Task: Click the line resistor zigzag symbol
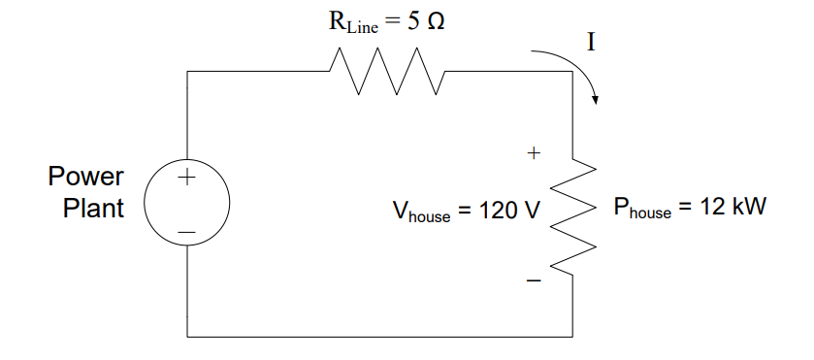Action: [x=386, y=72]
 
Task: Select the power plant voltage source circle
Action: [x=187, y=205]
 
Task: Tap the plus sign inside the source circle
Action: [x=186, y=179]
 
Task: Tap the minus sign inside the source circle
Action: [x=186, y=233]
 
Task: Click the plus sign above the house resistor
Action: [x=533, y=153]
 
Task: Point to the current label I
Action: [x=591, y=42]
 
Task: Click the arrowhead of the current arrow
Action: [x=597, y=98]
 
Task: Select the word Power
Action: [x=86, y=178]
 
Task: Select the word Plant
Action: [x=94, y=208]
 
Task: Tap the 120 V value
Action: [x=506, y=211]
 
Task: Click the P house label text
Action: [x=641, y=210]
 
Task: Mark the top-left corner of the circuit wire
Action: [x=187, y=71]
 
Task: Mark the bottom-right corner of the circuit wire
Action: [x=573, y=337]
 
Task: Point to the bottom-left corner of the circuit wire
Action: [x=187, y=337]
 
